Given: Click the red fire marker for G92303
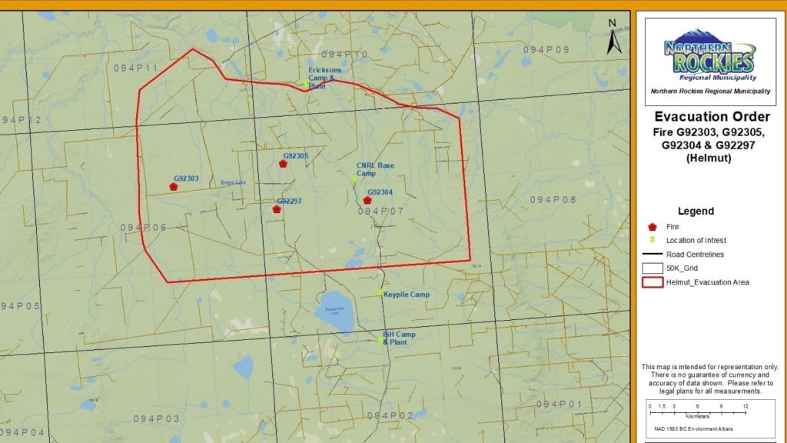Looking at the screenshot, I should click(x=174, y=186).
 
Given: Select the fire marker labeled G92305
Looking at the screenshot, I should click(x=283, y=163).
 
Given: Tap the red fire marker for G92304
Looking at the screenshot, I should click(x=367, y=200).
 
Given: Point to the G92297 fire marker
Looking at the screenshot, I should click(x=277, y=208).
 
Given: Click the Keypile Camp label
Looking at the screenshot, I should click(x=407, y=295).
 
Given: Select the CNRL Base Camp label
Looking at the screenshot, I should click(x=375, y=169).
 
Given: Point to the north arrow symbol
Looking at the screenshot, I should click(x=613, y=38).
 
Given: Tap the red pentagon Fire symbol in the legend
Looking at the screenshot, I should click(x=653, y=227).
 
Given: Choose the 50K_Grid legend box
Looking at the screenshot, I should click(x=653, y=268).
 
